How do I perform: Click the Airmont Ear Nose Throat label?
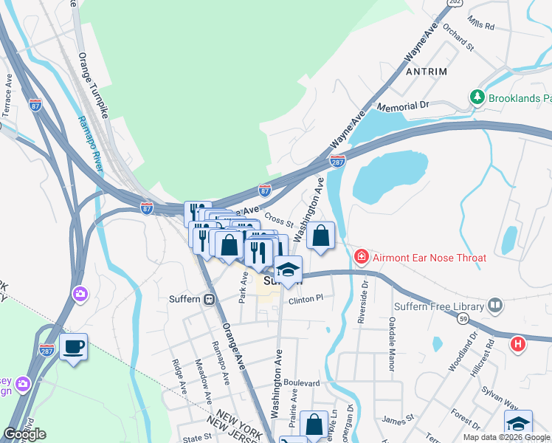429,258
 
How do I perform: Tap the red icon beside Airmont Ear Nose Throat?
362,258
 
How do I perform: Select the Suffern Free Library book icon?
496,305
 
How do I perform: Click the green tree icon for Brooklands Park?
477,97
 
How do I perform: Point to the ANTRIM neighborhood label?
426,72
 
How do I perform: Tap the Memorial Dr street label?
402,106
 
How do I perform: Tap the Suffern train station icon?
210,300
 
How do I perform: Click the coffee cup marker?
73,346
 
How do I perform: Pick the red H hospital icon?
519,343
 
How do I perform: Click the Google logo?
24,433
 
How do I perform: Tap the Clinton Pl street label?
306,300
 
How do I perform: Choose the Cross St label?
280,220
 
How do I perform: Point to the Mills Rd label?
480,25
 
